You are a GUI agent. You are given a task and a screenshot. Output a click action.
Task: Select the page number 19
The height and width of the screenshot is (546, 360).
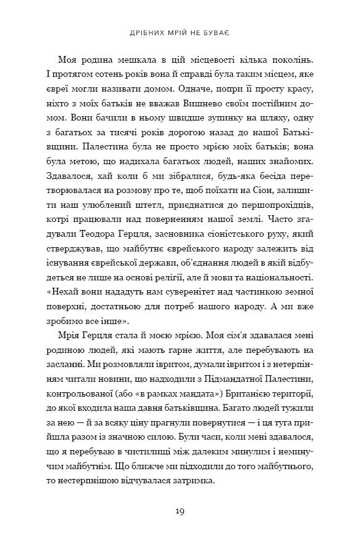pyautogui.click(x=179, y=510)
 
